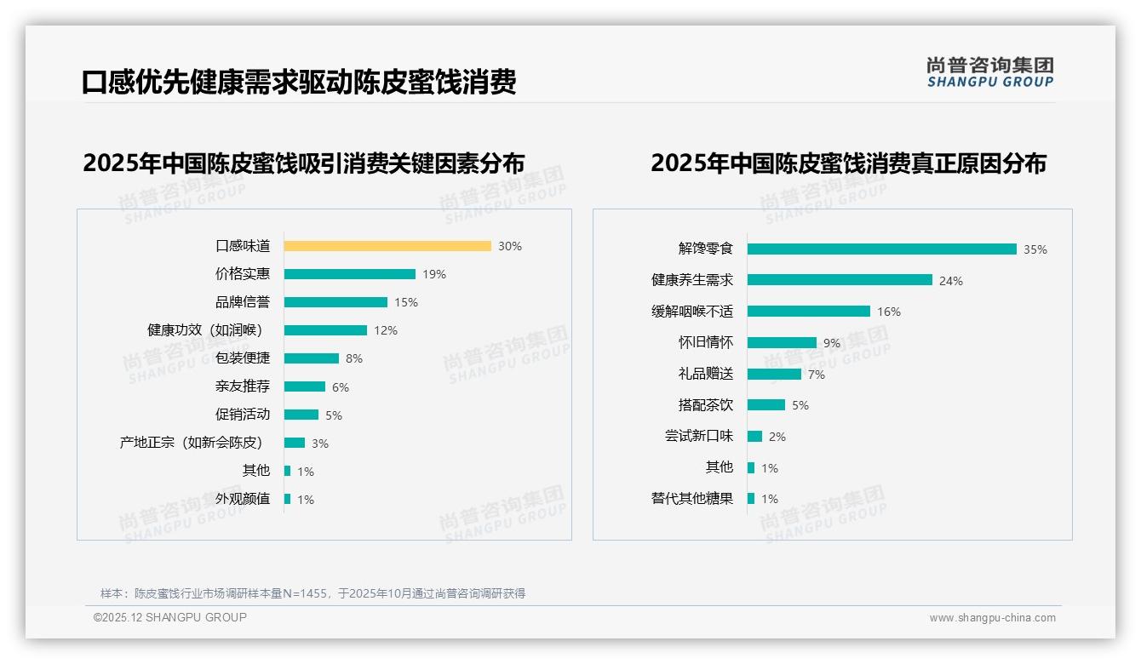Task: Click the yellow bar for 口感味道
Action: tap(387, 246)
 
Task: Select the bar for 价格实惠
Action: tap(349, 274)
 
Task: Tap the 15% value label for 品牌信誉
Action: tap(406, 302)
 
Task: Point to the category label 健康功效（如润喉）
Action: tap(205, 329)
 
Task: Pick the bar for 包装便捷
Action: tap(312, 358)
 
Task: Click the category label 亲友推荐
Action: tap(243, 386)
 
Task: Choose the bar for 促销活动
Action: tap(301, 415)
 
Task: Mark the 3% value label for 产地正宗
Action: tap(320, 444)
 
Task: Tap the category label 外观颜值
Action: tap(243, 499)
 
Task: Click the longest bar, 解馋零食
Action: tap(882, 249)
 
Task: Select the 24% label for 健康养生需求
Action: tap(951, 281)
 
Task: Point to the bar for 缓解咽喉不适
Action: tap(809, 312)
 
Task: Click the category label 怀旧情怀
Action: tap(706, 342)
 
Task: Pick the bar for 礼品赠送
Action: tap(775, 374)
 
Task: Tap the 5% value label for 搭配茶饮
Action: tap(800, 405)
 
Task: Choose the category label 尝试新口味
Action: tap(699, 436)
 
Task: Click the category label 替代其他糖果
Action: tap(692, 499)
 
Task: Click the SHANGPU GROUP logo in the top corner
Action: tap(990, 72)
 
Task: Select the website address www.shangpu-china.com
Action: tap(992, 618)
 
